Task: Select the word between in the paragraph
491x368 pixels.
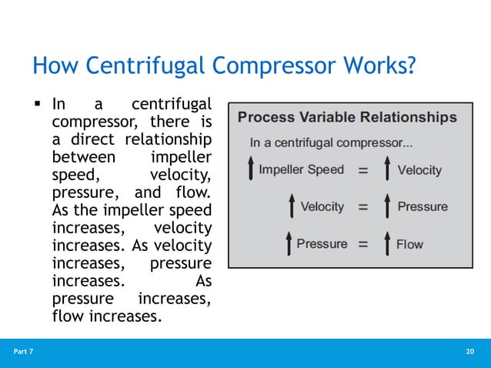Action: click(x=82, y=157)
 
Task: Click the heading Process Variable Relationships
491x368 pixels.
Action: click(x=347, y=118)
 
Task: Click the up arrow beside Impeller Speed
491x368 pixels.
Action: click(x=249, y=170)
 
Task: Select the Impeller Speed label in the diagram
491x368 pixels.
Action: click(x=301, y=169)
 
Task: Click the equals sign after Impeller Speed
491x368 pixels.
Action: click(x=362, y=170)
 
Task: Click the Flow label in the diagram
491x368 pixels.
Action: click(x=410, y=244)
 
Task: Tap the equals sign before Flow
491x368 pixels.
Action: click(x=362, y=244)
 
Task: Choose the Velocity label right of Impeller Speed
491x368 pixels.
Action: click(x=419, y=170)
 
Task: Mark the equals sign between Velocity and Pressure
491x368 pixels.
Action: click(x=362, y=207)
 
